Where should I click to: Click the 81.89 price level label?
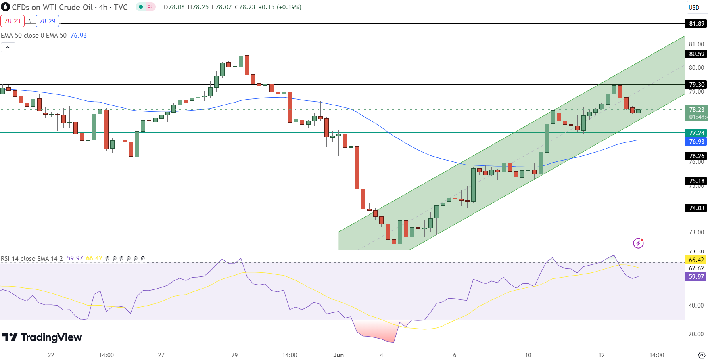697,24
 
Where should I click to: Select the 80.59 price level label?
697,54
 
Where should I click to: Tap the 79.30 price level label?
697,85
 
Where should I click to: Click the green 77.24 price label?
697,133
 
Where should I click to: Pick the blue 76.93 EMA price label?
697,142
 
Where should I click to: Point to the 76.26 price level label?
697,156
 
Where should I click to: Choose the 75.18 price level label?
697,181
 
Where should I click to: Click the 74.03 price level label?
697,208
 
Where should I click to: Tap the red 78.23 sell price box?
13,21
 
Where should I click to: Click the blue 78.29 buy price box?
47,21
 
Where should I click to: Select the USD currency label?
694,7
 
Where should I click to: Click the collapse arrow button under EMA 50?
8,48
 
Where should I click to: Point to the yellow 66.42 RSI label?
696,260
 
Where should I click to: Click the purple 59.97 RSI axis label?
696,277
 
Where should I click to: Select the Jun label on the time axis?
338,355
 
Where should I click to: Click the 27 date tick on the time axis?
161,355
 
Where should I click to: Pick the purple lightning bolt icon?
638,243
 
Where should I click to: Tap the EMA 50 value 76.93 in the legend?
79,36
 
